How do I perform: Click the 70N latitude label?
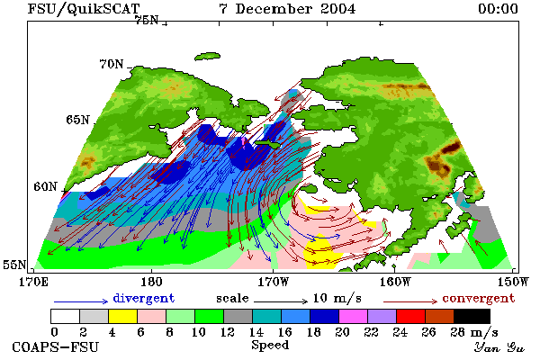[112, 65]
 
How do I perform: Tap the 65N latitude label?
[77, 120]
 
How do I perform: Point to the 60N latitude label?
[45, 186]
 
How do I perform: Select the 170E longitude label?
[33, 282]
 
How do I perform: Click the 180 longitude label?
[151, 282]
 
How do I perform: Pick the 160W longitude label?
[395, 282]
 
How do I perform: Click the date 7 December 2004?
[287, 9]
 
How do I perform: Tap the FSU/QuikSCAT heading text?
[84, 9]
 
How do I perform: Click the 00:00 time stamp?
[498, 9]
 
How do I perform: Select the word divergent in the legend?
[144, 298]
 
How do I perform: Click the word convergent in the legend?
[479, 298]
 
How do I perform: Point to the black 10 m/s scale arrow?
[281, 301]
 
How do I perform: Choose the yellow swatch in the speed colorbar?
[123, 316]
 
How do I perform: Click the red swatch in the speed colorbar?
[411, 316]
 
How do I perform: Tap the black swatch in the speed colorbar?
[472, 316]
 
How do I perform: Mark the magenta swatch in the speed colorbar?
[354, 316]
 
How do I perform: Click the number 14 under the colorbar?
[256, 332]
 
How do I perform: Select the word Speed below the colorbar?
[270, 346]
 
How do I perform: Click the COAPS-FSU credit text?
[56, 346]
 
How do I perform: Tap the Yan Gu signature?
[499, 347]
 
